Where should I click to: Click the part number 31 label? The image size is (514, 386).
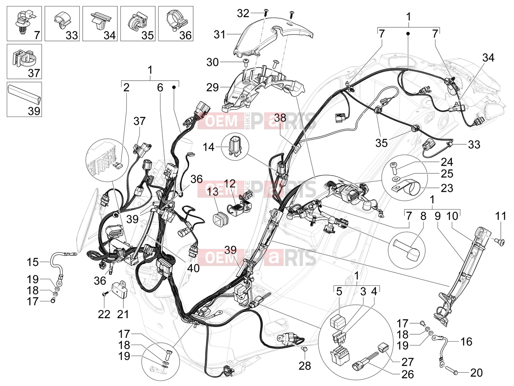[x=219, y=35]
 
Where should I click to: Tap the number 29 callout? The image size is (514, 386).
[x=212, y=88]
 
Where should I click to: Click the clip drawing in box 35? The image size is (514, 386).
[x=136, y=21]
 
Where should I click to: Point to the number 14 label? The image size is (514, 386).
[x=209, y=147]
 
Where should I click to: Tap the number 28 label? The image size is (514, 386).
[x=305, y=366]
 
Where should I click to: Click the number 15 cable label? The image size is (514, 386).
[x=32, y=262]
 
